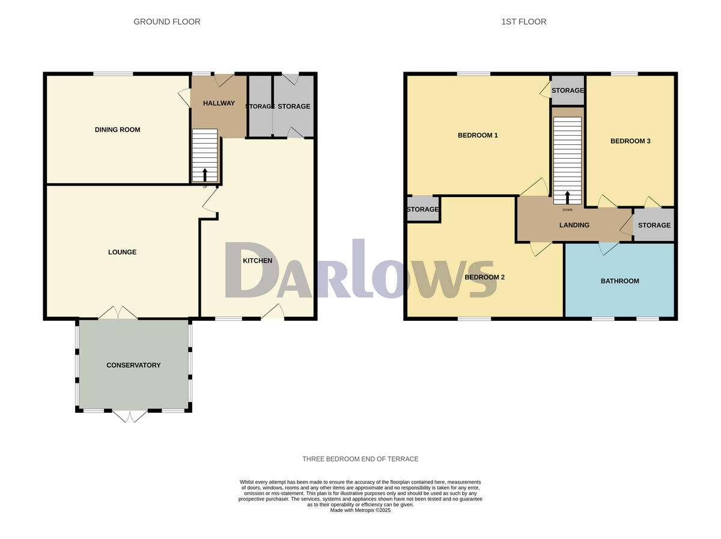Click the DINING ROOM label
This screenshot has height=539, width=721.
click(117, 130)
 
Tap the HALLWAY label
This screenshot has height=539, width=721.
click(219, 103)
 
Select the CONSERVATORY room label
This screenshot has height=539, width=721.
click(133, 365)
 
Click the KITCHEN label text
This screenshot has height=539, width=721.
click(257, 261)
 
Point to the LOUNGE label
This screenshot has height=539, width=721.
click(122, 252)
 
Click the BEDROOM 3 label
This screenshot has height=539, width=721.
click(630, 141)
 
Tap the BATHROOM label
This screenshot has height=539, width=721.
click(619, 281)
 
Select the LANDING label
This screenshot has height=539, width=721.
click(574, 225)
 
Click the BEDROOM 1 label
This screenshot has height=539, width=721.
click(478, 135)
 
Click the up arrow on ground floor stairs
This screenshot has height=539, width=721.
click(205, 175)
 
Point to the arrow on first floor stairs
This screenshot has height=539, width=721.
click(568, 198)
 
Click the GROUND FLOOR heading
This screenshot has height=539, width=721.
click(167, 22)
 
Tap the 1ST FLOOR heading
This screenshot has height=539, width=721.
click(524, 22)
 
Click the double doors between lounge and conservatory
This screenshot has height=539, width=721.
click(118, 313)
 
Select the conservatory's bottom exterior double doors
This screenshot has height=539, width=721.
click(130, 416)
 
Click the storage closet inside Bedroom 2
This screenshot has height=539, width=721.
click(422, 210)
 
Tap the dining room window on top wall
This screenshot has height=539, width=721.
click(113, 74)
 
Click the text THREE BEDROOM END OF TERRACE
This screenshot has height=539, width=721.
click(360, 459)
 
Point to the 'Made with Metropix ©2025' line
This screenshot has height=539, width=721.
click(360, 510)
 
